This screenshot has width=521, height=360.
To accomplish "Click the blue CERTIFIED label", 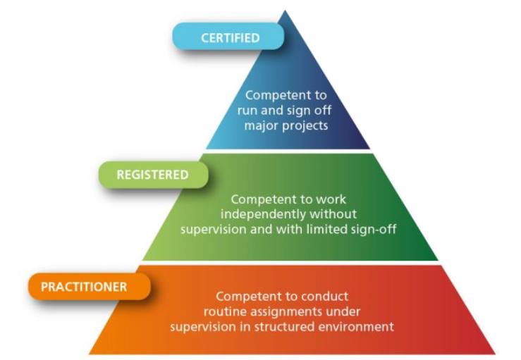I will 229,37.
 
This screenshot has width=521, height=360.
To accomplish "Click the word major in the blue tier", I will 260,125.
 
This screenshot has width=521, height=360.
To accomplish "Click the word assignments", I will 303,311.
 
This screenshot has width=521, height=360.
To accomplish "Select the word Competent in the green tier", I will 260,199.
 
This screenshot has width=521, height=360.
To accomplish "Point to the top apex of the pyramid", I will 286,11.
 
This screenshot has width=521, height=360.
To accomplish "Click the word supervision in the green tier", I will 212,228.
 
